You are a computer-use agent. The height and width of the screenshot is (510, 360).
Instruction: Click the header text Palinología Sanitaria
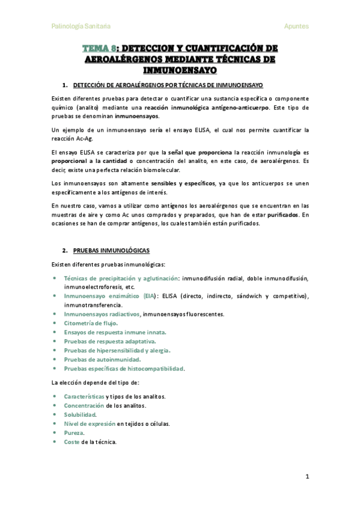[81, 26]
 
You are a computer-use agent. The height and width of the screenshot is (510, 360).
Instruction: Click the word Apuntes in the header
[296, 26]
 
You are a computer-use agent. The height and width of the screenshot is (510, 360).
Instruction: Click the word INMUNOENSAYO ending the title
[180, 70]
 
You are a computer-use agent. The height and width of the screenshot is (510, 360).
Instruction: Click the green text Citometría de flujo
[91, 323]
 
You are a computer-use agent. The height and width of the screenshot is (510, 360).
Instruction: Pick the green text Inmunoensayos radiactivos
[102, 314]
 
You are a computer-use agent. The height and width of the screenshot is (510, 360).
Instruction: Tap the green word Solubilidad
[80, 414]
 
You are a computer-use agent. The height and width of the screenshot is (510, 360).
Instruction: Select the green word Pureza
[74, 432]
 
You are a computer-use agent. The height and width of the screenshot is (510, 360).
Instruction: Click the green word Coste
[72, 441]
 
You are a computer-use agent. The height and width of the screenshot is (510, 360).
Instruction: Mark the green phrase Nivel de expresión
[89, 423]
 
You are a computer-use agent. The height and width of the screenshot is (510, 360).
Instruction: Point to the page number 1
[307, 476]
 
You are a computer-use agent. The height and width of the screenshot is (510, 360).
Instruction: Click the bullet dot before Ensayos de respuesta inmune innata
[55, 332]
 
